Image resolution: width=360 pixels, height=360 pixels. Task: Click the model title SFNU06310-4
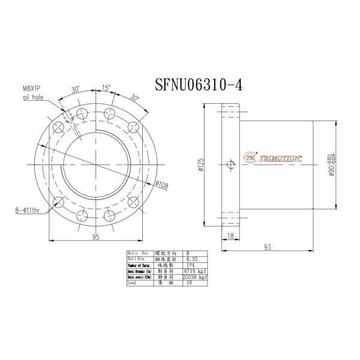click(x=198, y=85)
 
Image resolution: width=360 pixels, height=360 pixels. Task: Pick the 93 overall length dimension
click(x=268, y=246)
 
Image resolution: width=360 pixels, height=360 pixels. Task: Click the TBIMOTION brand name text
click(x=283, y=157)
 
